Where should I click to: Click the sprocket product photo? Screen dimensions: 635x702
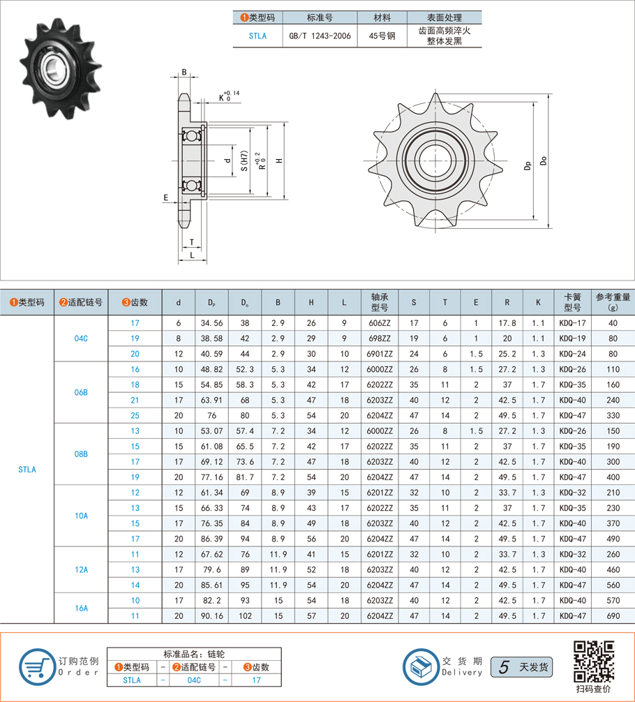click(61, 68)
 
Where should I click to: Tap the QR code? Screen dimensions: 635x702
click(594, 662)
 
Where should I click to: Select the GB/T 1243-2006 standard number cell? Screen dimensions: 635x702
click(320, 36)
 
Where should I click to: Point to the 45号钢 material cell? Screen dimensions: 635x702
click(382, 36)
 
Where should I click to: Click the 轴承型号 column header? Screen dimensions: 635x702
click(380, 302)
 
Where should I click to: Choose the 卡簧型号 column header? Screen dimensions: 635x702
click(572, 302)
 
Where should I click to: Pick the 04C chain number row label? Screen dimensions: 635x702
click(81, 338)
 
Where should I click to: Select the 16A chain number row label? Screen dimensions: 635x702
click(81, 608)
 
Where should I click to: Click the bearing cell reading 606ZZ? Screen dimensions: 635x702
click(380, 323)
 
